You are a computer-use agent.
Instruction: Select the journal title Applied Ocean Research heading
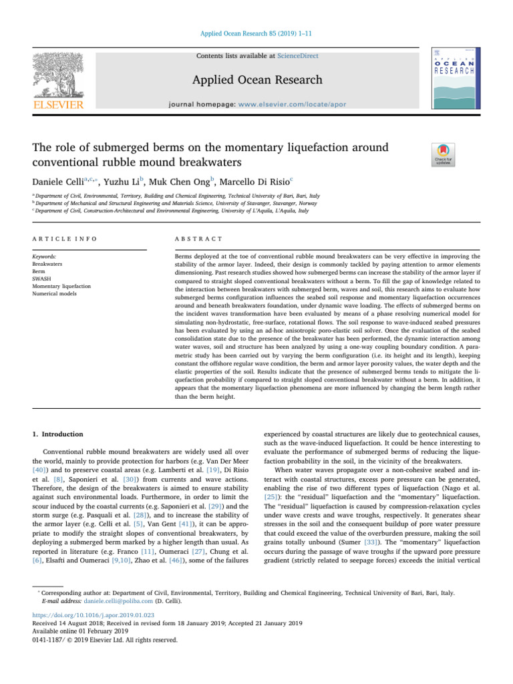tap(257, 80)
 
